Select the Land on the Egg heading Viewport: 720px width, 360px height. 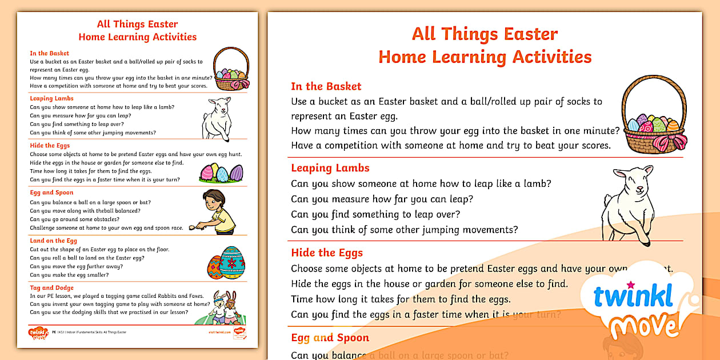[53, 241]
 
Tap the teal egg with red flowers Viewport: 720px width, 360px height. [233, 262]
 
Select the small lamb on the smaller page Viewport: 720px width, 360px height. [216, 117]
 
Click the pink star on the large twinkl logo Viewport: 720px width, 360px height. [631, 284]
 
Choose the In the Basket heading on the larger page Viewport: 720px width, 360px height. [326, 86]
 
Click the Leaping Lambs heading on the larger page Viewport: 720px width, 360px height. [330, 168]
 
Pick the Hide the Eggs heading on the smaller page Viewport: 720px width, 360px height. [50, 146]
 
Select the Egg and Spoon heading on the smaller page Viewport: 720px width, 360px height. [51, 193]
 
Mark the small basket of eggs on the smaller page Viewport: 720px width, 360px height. [231, 70]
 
